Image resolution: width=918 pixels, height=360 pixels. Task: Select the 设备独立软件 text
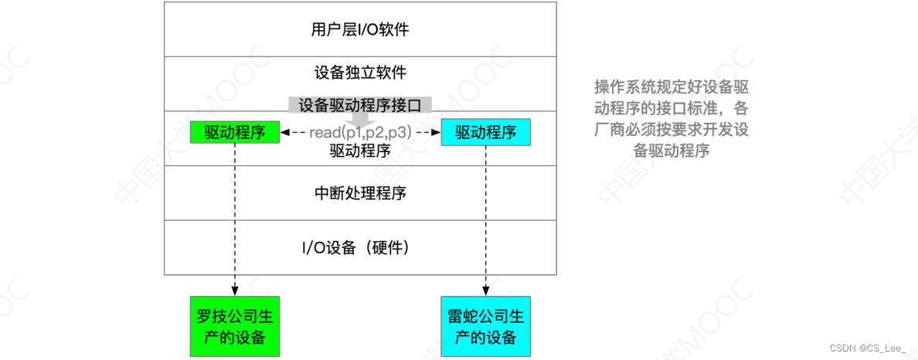coord(360,73)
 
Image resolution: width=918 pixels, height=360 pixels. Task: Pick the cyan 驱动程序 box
coord(485,132)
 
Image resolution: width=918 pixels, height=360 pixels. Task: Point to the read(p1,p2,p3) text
coord(360,132)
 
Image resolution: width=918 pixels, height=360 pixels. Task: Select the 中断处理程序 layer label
coord(360,192)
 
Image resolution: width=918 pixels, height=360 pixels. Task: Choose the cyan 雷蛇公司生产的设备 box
coord(485,327)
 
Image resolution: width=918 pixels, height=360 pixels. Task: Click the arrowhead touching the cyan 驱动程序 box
coord(436,133)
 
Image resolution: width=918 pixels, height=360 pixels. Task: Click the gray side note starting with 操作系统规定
coord(671,118)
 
